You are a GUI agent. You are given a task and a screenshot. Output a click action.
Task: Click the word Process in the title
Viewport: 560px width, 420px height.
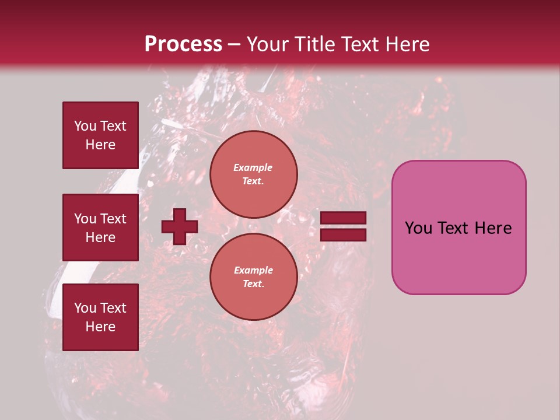point(183,44)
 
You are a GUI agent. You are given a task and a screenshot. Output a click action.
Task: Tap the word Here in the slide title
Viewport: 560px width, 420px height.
point(407,44)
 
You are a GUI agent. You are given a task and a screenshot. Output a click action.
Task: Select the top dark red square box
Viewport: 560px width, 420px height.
point(100,135)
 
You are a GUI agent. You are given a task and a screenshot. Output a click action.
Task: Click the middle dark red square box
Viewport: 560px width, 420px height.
point(100,228)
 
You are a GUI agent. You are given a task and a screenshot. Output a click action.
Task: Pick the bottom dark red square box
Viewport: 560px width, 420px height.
point(100,317)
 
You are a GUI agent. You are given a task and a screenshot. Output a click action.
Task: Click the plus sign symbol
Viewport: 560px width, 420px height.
point(180,226)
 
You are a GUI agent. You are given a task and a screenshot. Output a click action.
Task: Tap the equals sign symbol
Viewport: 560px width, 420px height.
point(343,226)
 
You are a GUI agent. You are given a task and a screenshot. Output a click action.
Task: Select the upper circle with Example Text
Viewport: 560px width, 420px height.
point(253,174)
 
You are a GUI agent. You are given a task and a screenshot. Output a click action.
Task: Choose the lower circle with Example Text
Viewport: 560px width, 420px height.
point(253,277)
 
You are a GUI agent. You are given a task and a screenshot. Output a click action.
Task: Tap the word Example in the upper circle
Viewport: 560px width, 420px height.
point(253,168)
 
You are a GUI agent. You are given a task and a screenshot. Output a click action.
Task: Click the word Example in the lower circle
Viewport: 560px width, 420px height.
point(253,271)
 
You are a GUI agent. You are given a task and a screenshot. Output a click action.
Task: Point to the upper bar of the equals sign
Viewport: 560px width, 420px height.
point(343,218)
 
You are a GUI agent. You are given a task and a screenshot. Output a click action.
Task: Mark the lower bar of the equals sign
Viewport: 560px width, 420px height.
point(343,235)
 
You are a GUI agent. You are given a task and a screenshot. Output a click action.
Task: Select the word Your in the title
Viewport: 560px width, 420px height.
point(267,44)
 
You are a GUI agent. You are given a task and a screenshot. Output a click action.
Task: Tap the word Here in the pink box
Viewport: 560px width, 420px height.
point(493,228)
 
